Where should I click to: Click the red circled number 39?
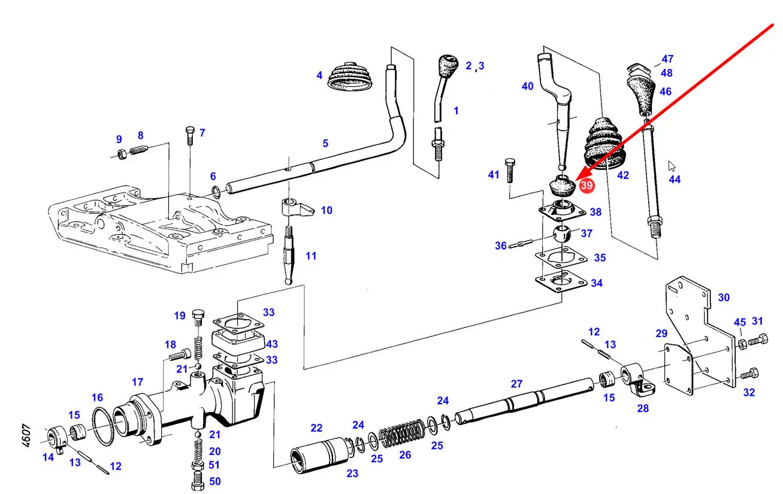pos(587,186)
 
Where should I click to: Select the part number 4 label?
pos(319,75)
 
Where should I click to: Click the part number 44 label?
pos(675,179)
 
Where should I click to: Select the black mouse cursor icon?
pos(672,166)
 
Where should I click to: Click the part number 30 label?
pos(724,298)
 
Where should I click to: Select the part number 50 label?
pos(214,481)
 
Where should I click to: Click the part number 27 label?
pos(516,384)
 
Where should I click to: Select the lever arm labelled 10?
pos(296,209)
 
